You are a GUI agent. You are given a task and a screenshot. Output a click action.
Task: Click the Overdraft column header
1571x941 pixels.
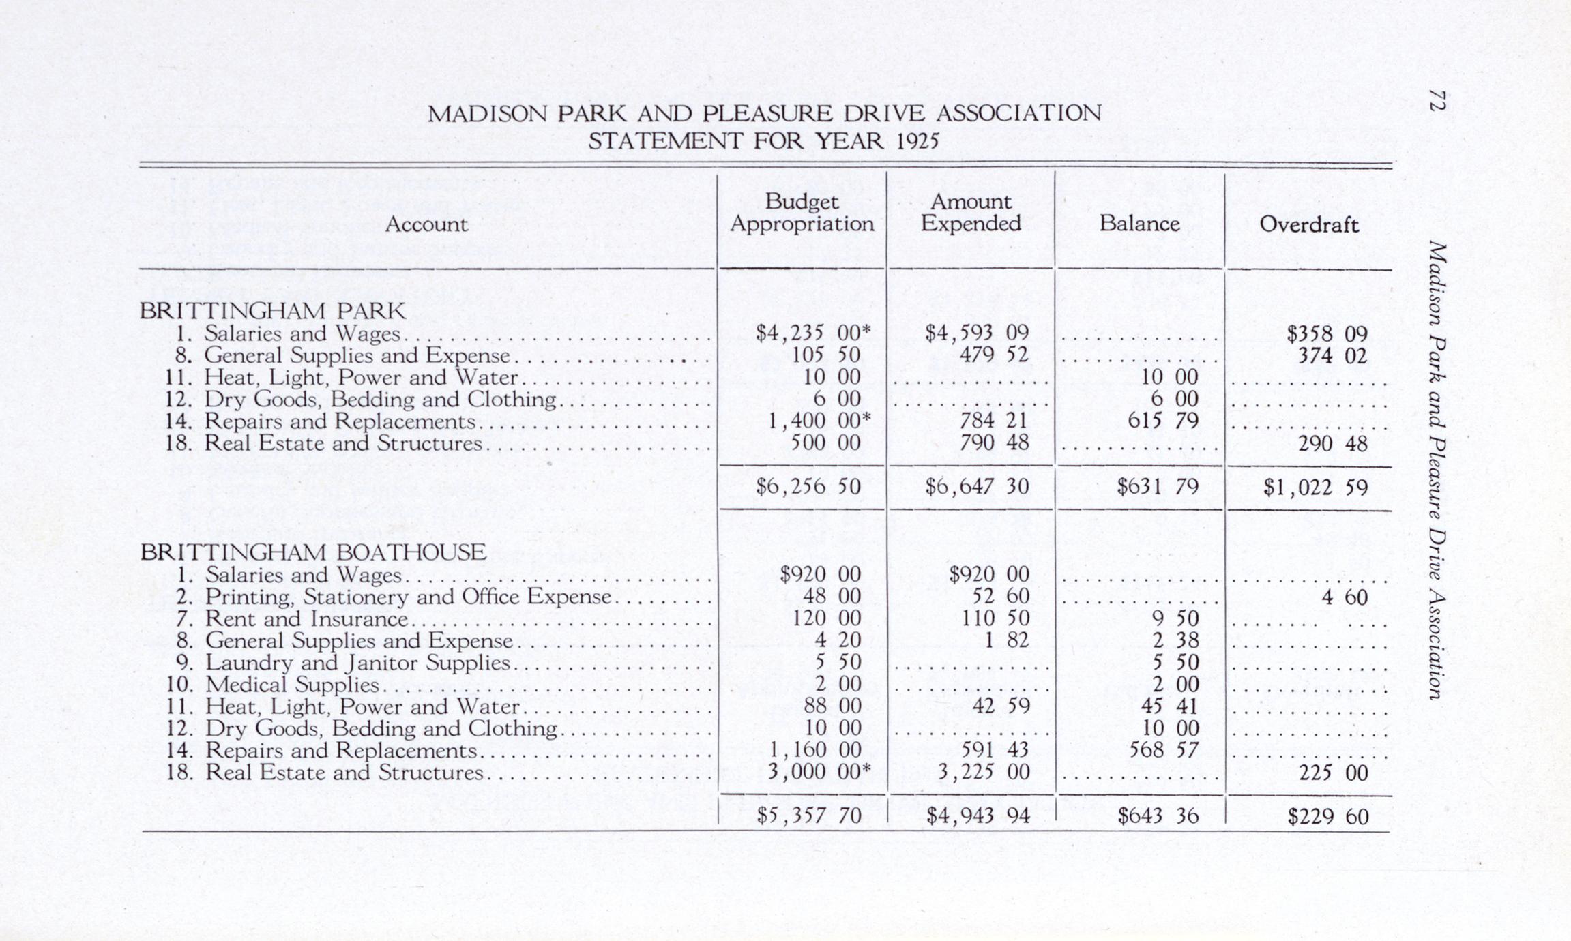[1308, 224]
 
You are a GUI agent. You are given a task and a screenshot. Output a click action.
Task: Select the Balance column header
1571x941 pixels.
[1139, 224]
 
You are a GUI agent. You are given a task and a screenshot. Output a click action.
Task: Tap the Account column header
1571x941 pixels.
[426, 224]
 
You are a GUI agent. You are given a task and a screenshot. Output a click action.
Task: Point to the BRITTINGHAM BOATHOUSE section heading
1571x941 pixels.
[313, 552]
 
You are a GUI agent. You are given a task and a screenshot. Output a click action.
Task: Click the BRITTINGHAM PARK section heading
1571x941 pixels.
[272, 311]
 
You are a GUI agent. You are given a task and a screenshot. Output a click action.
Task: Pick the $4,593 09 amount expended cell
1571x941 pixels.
[976, 333]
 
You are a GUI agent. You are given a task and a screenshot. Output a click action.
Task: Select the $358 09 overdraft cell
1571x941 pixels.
[1327, 334]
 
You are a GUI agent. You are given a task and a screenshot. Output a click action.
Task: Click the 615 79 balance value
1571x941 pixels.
[1162, 421]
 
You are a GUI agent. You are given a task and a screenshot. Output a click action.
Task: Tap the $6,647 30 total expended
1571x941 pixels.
[976, 486]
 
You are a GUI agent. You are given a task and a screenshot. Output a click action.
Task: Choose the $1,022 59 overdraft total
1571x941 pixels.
[1315, 488]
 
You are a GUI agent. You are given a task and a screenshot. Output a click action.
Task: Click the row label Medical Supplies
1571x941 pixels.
[291, 684]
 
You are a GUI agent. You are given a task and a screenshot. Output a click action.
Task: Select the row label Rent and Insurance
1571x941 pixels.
[306, 618]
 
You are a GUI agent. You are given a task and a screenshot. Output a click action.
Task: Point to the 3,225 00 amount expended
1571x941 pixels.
[983, 772]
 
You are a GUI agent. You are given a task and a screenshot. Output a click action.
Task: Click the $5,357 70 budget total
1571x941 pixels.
[808, 816]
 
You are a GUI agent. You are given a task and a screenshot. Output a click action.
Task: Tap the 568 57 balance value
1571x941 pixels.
[1164, 750]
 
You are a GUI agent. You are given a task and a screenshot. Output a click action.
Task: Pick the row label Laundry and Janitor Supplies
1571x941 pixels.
[357, 662]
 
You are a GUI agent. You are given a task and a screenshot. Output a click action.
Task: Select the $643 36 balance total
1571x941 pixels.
[1158, 816]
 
